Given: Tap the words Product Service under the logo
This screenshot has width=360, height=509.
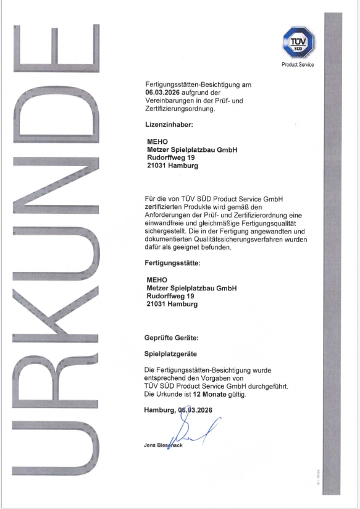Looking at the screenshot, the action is [x=298, y=64].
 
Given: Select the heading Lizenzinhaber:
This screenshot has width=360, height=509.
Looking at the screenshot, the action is [x=169, y=125].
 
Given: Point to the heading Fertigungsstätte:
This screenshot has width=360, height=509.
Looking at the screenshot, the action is [x=173, y=263].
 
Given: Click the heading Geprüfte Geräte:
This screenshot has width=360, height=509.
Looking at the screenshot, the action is [x=172, y=339].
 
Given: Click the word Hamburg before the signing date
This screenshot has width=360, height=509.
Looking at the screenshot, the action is [x=159, y=410].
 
